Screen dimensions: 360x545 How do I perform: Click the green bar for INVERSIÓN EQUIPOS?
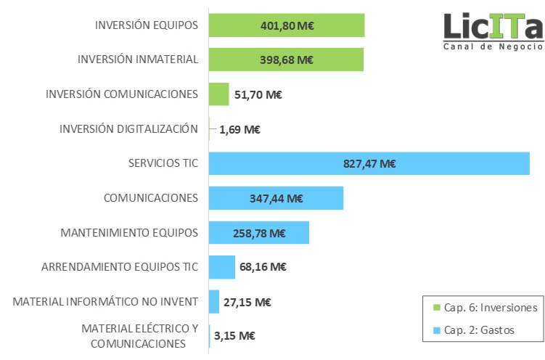point(286,25)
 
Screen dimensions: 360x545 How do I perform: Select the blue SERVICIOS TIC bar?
point(369,163)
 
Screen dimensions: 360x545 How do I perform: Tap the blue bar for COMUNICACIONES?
point(276,197)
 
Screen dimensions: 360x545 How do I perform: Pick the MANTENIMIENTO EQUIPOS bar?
point(259,233)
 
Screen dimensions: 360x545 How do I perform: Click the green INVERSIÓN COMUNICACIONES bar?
point(218,94)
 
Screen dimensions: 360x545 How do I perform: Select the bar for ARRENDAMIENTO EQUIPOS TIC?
point(222,267)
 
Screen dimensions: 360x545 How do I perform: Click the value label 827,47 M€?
point(369,164)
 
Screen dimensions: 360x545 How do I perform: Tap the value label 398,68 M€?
point(286,60)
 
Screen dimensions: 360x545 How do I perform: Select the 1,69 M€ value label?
point(239,130)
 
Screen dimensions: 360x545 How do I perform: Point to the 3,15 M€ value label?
point(237,336)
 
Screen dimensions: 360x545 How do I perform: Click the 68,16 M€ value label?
point(263,267)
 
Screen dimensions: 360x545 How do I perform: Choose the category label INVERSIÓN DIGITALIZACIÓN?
point(128,129)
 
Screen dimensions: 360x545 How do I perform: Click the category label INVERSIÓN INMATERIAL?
point(138,60)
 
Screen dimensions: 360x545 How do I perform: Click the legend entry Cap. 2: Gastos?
point(478,330)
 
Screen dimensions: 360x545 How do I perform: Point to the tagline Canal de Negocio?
point(493,46)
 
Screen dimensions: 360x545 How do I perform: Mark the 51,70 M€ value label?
point(258,94)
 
